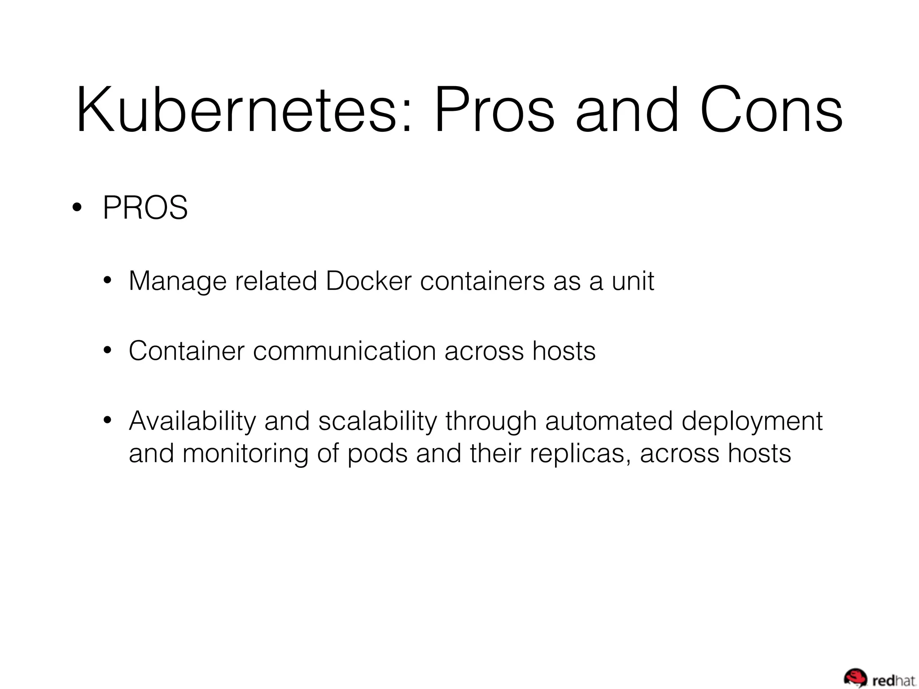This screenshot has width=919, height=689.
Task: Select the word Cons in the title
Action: (771, 111)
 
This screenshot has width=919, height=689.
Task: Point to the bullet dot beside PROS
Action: (77, 208)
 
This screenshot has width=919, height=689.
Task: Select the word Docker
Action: (368, 281)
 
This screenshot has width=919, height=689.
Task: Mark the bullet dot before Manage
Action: (107, 281)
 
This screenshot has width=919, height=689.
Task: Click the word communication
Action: (344, 351)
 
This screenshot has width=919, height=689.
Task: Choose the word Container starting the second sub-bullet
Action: (186, 351)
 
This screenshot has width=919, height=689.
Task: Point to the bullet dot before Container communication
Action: (107, 351)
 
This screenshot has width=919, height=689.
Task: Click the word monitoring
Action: (245, 454)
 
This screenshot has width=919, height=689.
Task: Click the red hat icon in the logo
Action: (855, 676)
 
